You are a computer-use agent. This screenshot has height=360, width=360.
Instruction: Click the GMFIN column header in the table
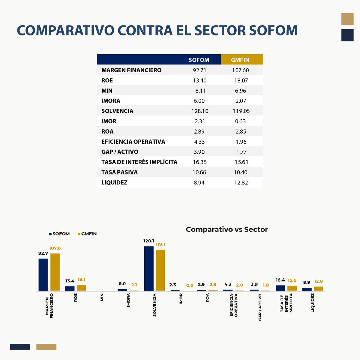click(x=240, y=60)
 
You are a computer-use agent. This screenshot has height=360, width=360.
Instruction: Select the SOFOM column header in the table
click(x=199, y=60)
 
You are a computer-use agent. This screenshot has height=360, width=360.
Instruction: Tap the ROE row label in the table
click(x=107, y=80)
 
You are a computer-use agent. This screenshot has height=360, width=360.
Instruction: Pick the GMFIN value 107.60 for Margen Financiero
click(x=241, y=70)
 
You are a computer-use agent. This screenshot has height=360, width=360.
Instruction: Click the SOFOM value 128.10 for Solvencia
click(x=200, y=111)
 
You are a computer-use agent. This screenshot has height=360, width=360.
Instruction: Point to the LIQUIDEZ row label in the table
click(x=114, y=182)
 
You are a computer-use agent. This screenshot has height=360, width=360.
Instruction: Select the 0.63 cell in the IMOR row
click(x=241, y=121)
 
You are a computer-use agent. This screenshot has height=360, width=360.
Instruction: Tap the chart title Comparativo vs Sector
click(x=226, y=229)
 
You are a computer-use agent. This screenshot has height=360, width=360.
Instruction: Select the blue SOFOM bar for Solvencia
click(x=149, y=268)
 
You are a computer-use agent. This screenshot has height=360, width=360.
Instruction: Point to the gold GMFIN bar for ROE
click(x=81, y=288)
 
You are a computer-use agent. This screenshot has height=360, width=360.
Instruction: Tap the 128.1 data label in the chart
click(x=149, y=241)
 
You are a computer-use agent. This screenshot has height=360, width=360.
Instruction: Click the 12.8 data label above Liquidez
click(x=318, y=281)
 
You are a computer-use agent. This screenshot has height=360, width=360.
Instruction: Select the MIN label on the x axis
click(x=102, y=298)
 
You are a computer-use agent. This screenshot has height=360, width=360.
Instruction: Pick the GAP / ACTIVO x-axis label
click(x=260, y=307)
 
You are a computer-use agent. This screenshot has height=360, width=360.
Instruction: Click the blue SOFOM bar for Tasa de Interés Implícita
click(x=280, y=288)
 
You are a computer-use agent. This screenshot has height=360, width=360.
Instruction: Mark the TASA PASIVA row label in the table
click(x=119, y=172)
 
